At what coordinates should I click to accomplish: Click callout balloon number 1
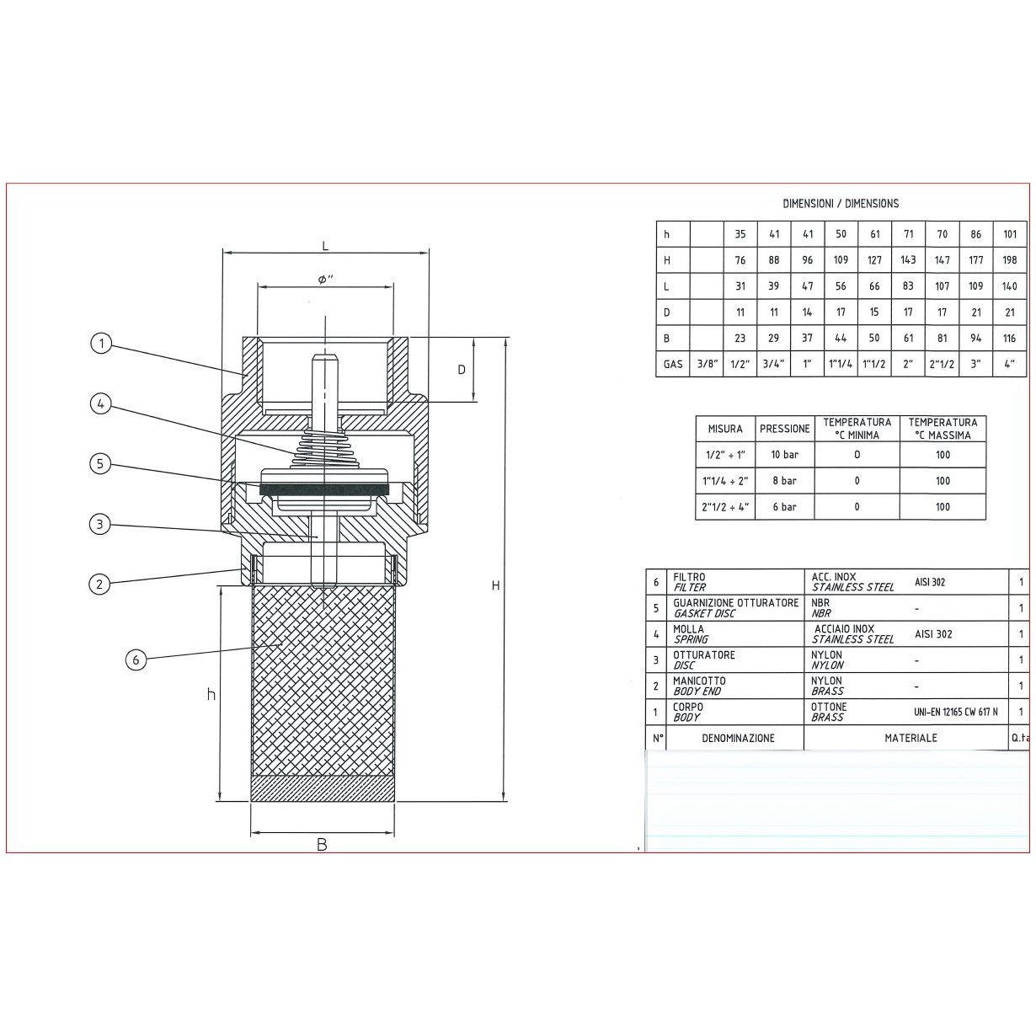coord(101,343)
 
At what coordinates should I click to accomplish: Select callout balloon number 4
coord(100,403)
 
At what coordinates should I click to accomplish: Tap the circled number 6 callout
coord(136,660)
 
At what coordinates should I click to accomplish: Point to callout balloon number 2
coord(99,584)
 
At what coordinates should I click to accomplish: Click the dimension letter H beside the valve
coord(496,585)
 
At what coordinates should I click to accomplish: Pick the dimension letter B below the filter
coord(322,845)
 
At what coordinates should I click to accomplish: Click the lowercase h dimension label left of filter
coord(211,694)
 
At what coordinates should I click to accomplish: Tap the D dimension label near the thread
coord(462,370)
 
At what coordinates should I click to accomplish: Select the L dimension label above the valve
coord(325,246)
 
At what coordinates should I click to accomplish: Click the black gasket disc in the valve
coord(325,489)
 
